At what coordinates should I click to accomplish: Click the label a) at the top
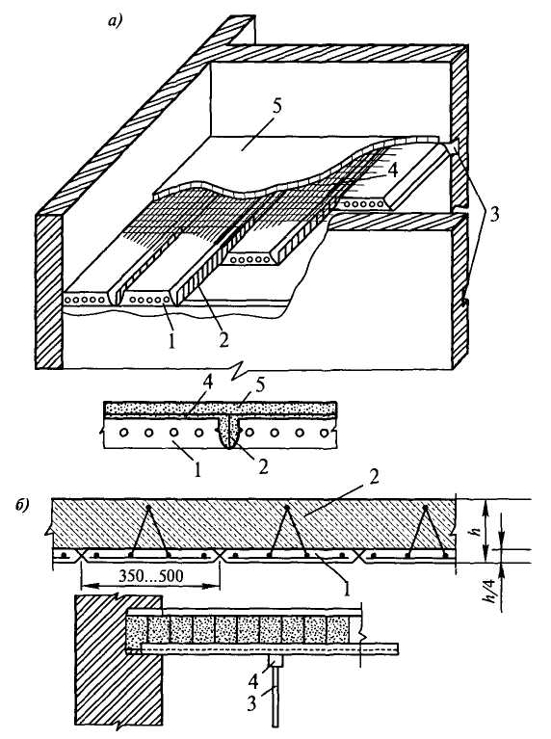(x=115, y=21)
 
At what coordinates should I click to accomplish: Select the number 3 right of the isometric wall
(x=495, y=216)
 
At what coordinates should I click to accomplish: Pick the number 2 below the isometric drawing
(x=223, y=339)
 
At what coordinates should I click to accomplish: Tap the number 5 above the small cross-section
(x=261, y=384)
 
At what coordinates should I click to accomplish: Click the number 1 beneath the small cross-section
(x=198, y=469)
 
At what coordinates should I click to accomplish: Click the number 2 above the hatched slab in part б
(x=374, y=478)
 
